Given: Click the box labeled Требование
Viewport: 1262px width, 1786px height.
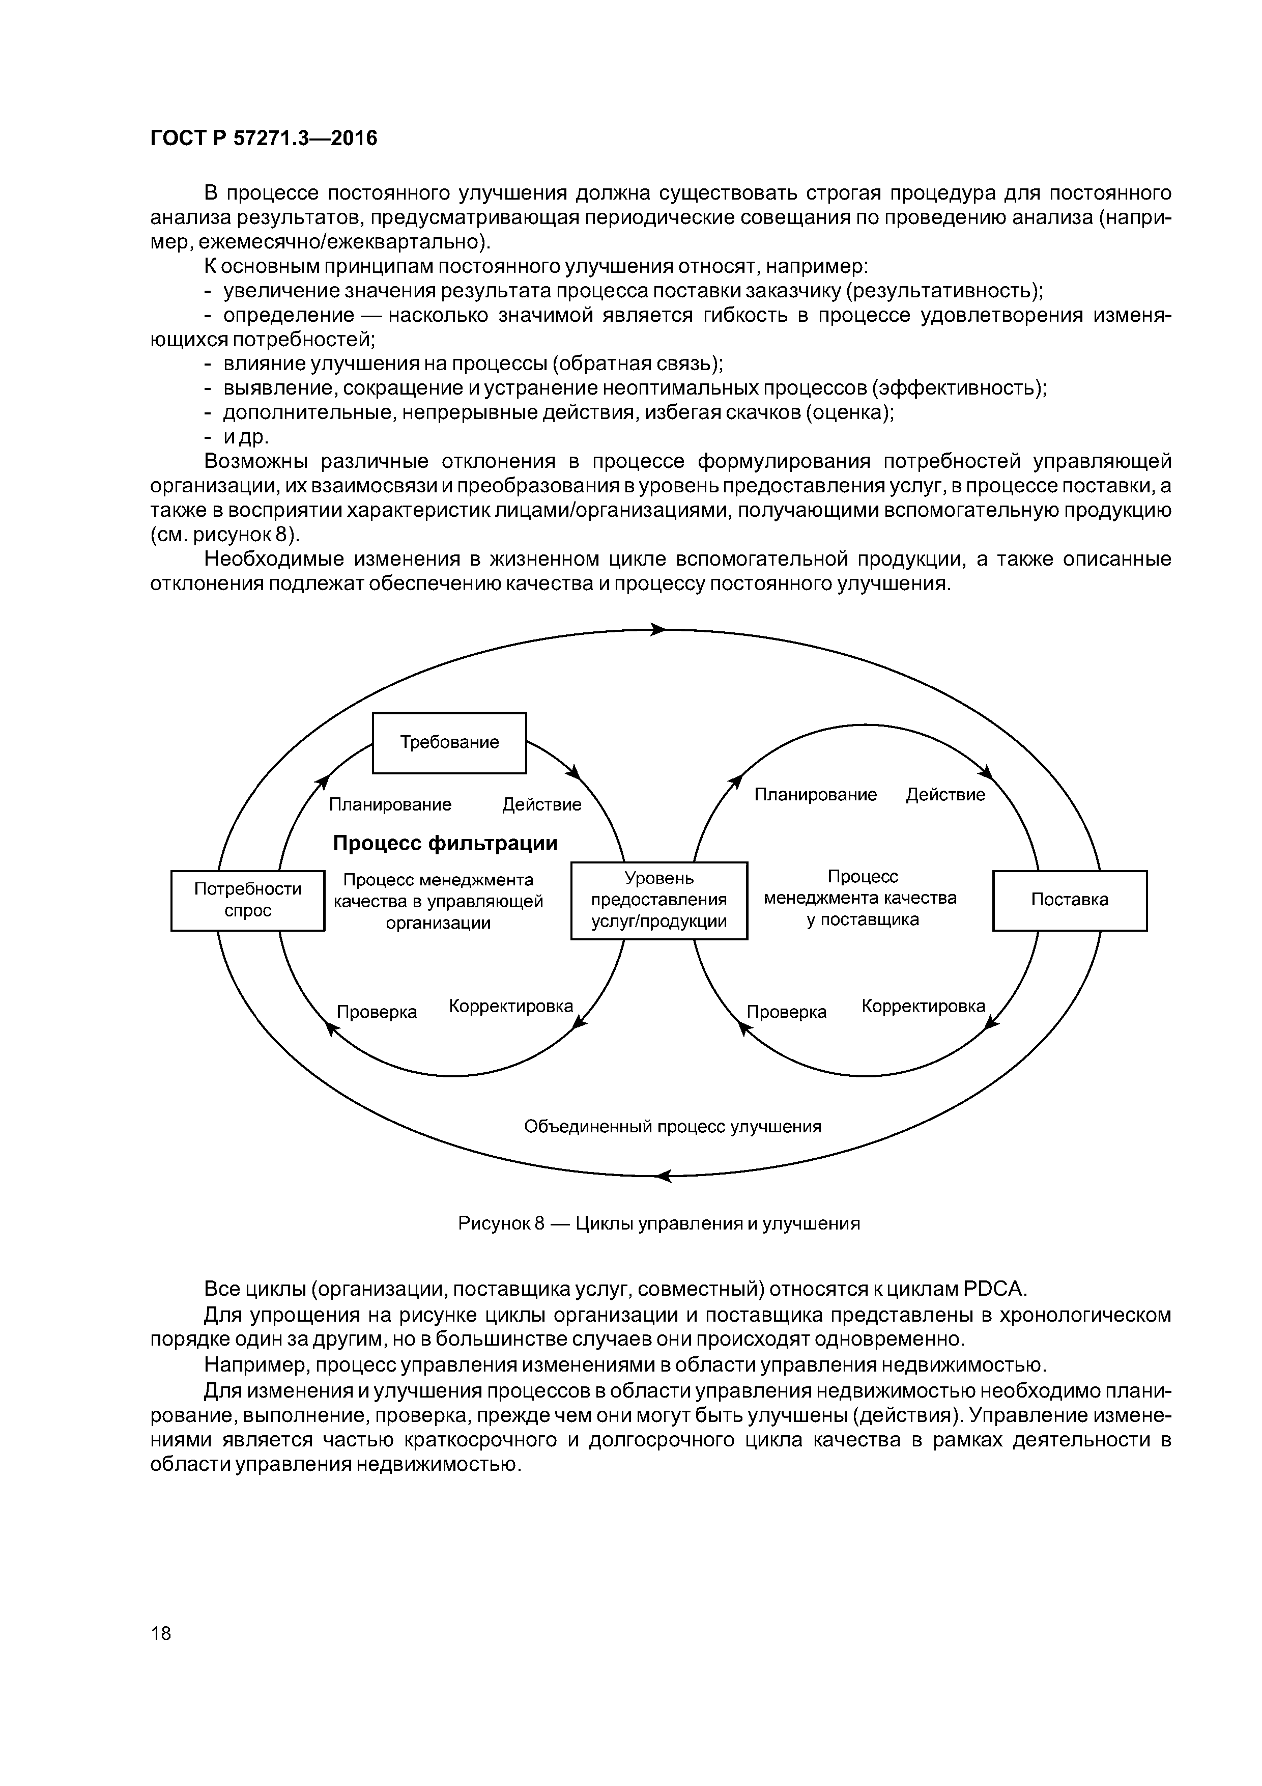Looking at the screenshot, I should (449, 742).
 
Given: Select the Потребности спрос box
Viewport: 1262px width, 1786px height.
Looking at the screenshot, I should (247, 900).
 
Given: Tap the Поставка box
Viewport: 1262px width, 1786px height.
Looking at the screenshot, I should (1069, 900).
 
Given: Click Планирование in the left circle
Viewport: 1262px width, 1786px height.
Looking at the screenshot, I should (390, 804).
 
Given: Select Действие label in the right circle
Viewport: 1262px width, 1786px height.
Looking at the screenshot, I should (945, 794).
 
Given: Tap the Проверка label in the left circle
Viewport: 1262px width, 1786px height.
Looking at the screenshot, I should (377, 1012).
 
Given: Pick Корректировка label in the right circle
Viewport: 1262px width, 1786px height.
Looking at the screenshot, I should (923, 1006).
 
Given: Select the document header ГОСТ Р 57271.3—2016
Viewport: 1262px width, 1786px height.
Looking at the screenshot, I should (263, 138).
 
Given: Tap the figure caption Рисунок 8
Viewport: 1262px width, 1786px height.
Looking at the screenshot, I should (658, 1223).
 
